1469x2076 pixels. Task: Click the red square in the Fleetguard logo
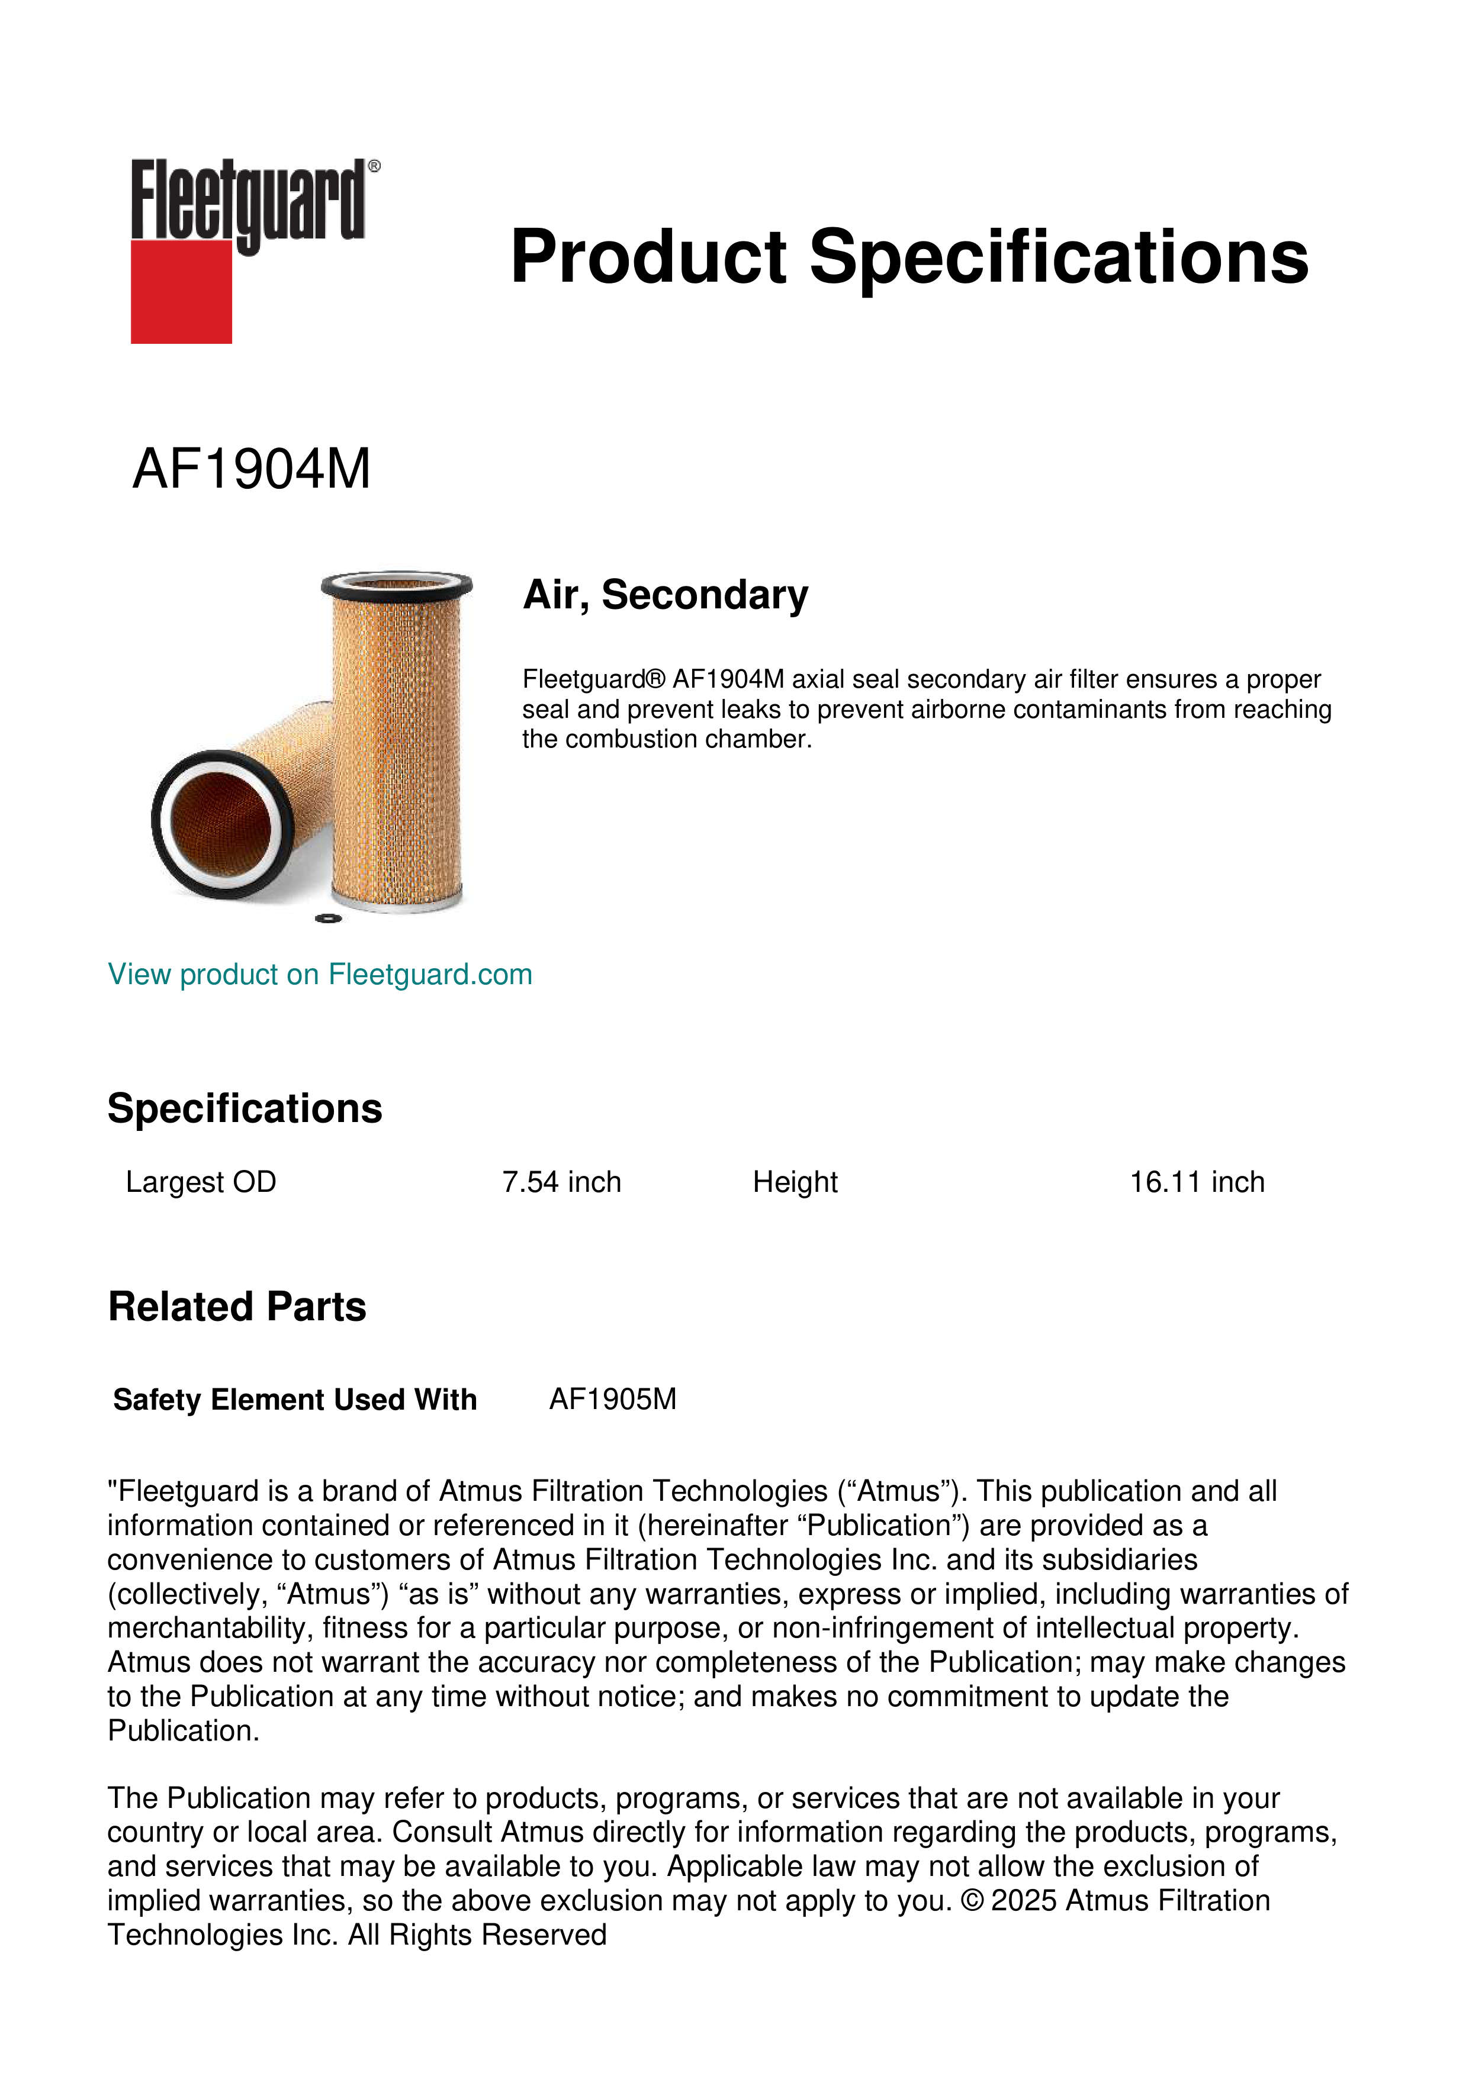pyautogui.click(x=181, y=291)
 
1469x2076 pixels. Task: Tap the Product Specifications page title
pyautogui.click(x=909, y=257)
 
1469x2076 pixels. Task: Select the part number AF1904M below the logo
pyautogui.click(x=252, y=469)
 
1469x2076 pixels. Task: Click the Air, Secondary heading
pyautogui.click(x=666, y=595)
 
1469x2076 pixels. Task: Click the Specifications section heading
pyautogui.click(x=244, y=1108)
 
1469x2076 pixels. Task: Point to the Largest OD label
pyautogui.click(x=201, y=1182)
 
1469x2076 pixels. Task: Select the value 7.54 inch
pyautogui.click(x=562, y=1182)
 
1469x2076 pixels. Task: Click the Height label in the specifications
pyautogui.click(x=795, y=1182)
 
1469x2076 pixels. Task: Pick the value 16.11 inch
pyautogui.click(x=1197, y=1182)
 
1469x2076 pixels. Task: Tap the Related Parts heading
pyautogui.click(x=237, y=1307)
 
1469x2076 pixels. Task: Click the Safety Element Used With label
pyautogui.click(x=295, y=1400)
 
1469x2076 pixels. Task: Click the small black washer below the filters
pyautogui.click(x=327, y=920)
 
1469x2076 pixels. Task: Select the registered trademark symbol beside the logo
pyautogui.click(x=374, y=166)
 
